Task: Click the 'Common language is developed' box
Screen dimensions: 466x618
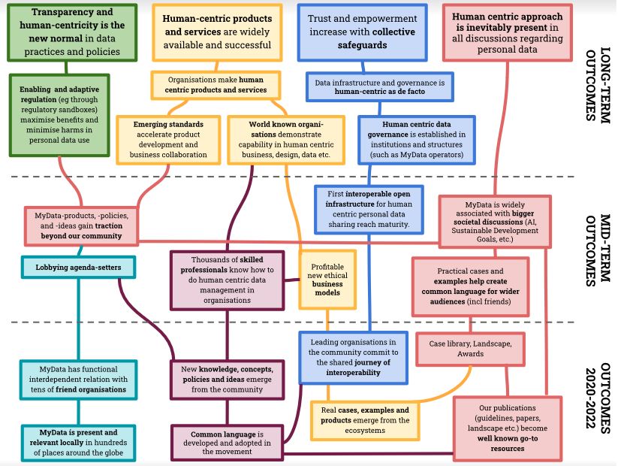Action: (228, 441)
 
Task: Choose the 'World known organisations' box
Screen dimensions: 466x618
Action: (285, 139)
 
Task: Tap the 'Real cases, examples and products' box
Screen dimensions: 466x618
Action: (371, 415)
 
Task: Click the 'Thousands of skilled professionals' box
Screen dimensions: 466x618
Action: (227, 280)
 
